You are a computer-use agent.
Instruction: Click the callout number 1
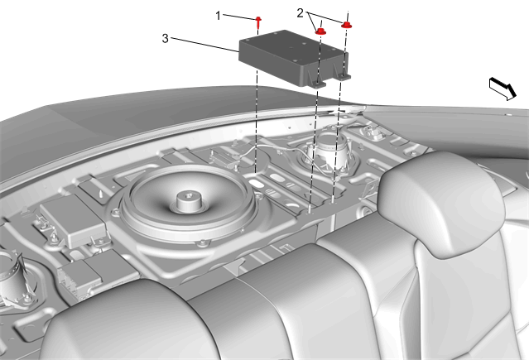point(218,16)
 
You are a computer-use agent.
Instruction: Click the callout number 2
point(301,13)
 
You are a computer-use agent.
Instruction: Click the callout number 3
point(165,38)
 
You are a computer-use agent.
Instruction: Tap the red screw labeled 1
point(258,22)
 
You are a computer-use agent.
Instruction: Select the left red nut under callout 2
point(320,31)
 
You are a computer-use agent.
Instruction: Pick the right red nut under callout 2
point(346,25)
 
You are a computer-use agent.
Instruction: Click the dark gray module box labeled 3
point(293,58)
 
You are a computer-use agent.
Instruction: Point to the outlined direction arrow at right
point(503,89)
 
